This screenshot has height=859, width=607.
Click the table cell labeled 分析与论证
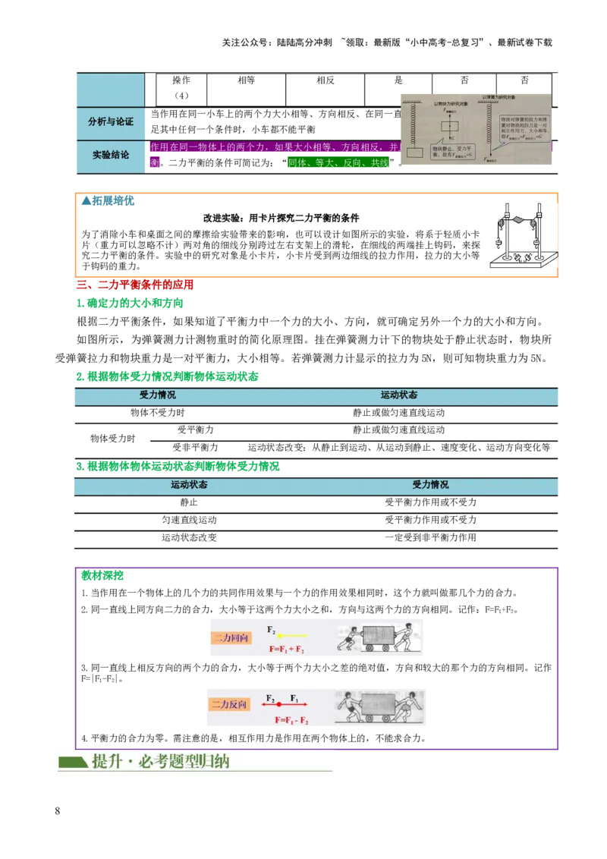(110, 121)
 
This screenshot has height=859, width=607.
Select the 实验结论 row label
(110, 155)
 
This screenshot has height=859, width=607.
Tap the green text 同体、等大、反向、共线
(338, 163)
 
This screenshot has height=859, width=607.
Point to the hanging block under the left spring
(414, 153)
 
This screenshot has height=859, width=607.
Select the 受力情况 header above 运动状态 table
(158, 395)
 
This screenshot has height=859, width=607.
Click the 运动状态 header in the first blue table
(399, 395)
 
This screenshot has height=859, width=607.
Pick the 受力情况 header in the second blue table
(430, 484)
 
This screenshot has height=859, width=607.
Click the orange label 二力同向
(230, 638)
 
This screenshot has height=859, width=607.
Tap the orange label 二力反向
(230, 704)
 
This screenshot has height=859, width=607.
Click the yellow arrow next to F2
(292, 634)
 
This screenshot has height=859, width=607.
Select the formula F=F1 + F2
(287, 650)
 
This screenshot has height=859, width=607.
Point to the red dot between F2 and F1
(279, 705)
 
